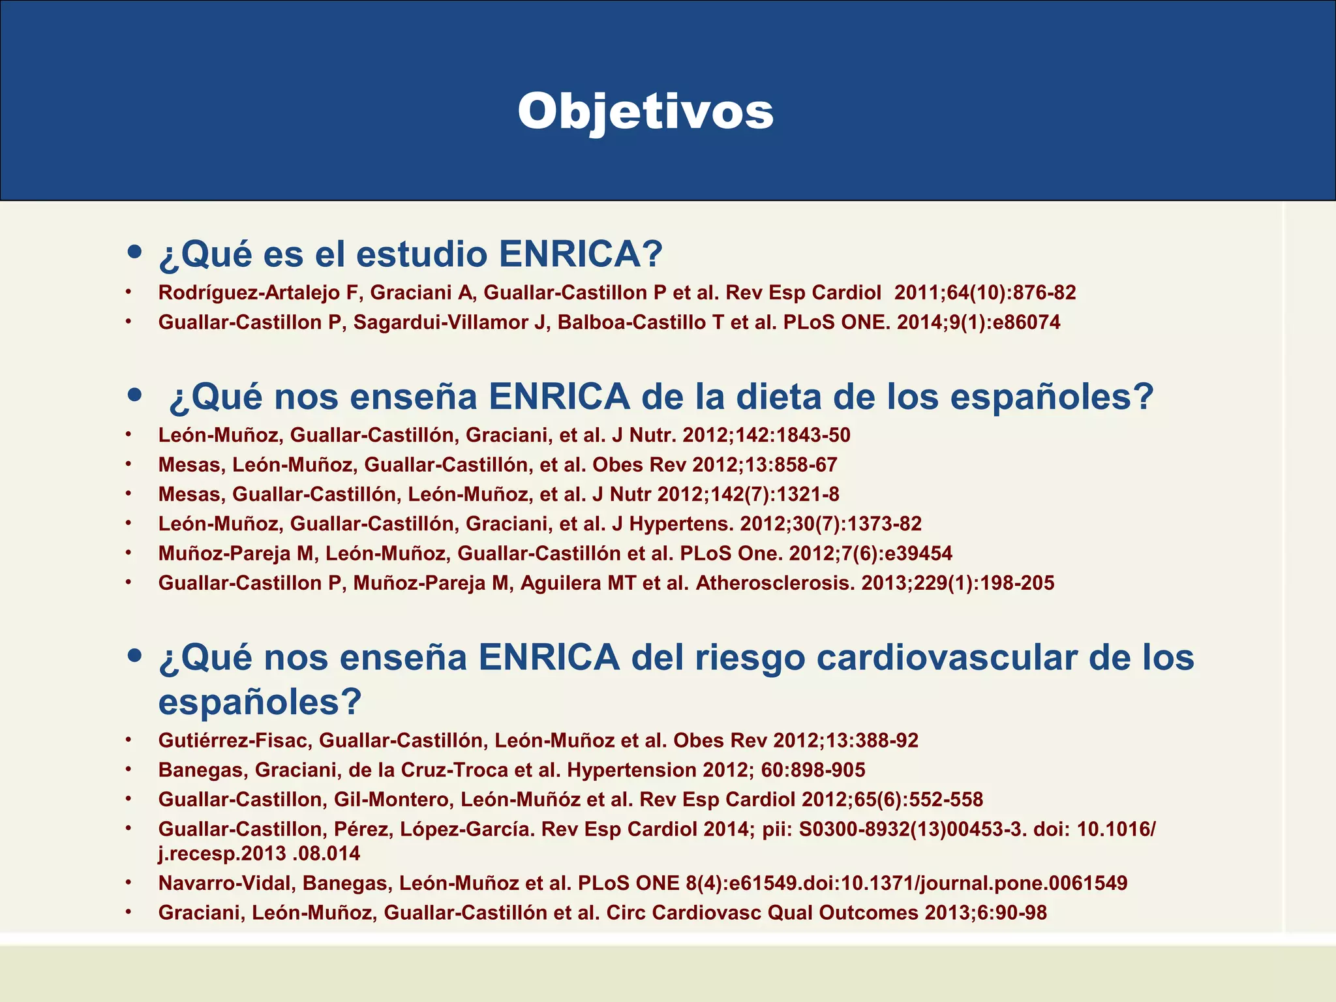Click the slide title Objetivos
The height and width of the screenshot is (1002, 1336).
[x=646, y=112]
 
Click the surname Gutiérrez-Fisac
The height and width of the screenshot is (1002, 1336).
[x=232, y=740]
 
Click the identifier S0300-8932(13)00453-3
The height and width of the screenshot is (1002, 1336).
[x=910, y=829]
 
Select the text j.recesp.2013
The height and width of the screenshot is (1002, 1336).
[x=222, y=853]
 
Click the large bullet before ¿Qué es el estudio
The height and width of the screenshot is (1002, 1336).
[x=135, y=252]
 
